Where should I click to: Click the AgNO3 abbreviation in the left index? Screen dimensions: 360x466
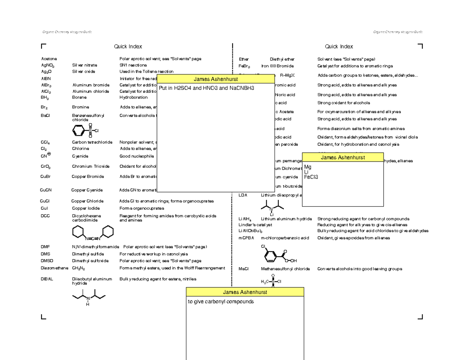click(47, 66)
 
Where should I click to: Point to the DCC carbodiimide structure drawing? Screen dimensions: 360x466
click(93, 233)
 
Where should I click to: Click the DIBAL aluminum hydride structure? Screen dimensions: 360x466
click(89, 298)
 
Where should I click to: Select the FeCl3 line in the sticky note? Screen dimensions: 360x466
click(311, 177)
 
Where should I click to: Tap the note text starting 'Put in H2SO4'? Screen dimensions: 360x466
click(206, 88)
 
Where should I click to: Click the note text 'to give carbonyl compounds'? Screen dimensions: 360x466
click(221, 302)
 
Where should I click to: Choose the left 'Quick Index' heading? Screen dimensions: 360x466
click(128, 47)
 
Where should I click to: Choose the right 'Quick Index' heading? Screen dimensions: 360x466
click(339, 47)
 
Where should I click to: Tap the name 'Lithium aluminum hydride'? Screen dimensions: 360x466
click(286, 219)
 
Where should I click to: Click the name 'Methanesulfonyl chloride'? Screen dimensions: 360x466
click(285, 269)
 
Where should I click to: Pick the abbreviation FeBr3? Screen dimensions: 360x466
click(244, 66)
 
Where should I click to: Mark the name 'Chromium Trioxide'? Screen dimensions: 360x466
click(90, 166)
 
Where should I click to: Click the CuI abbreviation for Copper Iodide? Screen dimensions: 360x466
click(44, 208)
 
